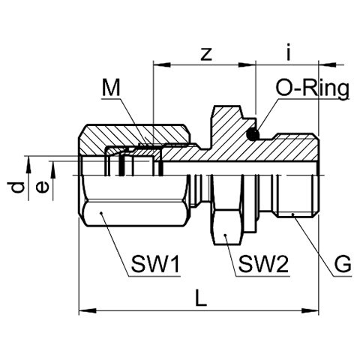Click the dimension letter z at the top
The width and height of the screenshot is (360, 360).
click(206, 53)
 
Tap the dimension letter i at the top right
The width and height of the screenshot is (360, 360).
click(289, 52)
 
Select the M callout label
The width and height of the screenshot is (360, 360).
click(111, 88)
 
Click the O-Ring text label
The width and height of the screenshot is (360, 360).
click(312, 89)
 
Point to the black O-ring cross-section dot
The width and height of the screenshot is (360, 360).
click(253, 134)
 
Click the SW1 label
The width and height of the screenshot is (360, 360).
click(155, 264)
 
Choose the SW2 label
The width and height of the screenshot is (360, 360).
click(264, 264)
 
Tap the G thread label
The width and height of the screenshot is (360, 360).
click(343, 264)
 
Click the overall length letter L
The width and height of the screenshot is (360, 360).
click(201, 298)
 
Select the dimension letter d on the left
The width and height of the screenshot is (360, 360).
click(16, 187)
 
